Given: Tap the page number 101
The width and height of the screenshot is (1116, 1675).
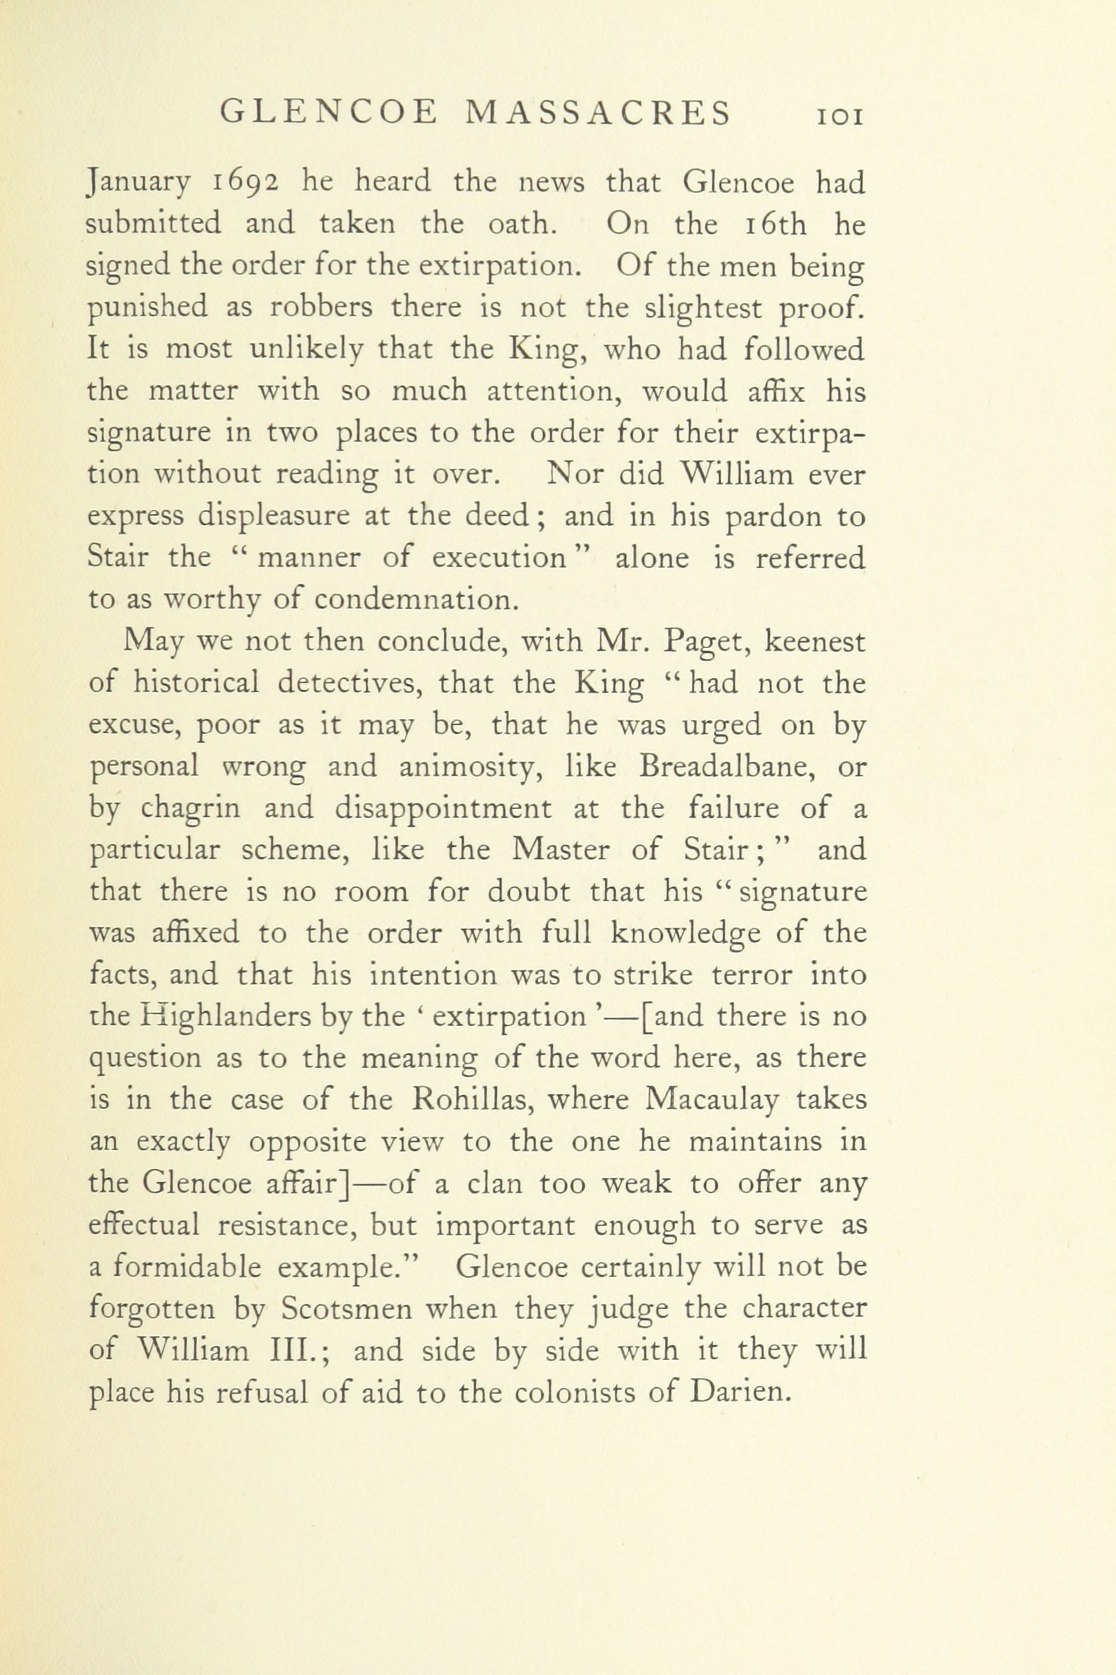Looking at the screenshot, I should point(841,116).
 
